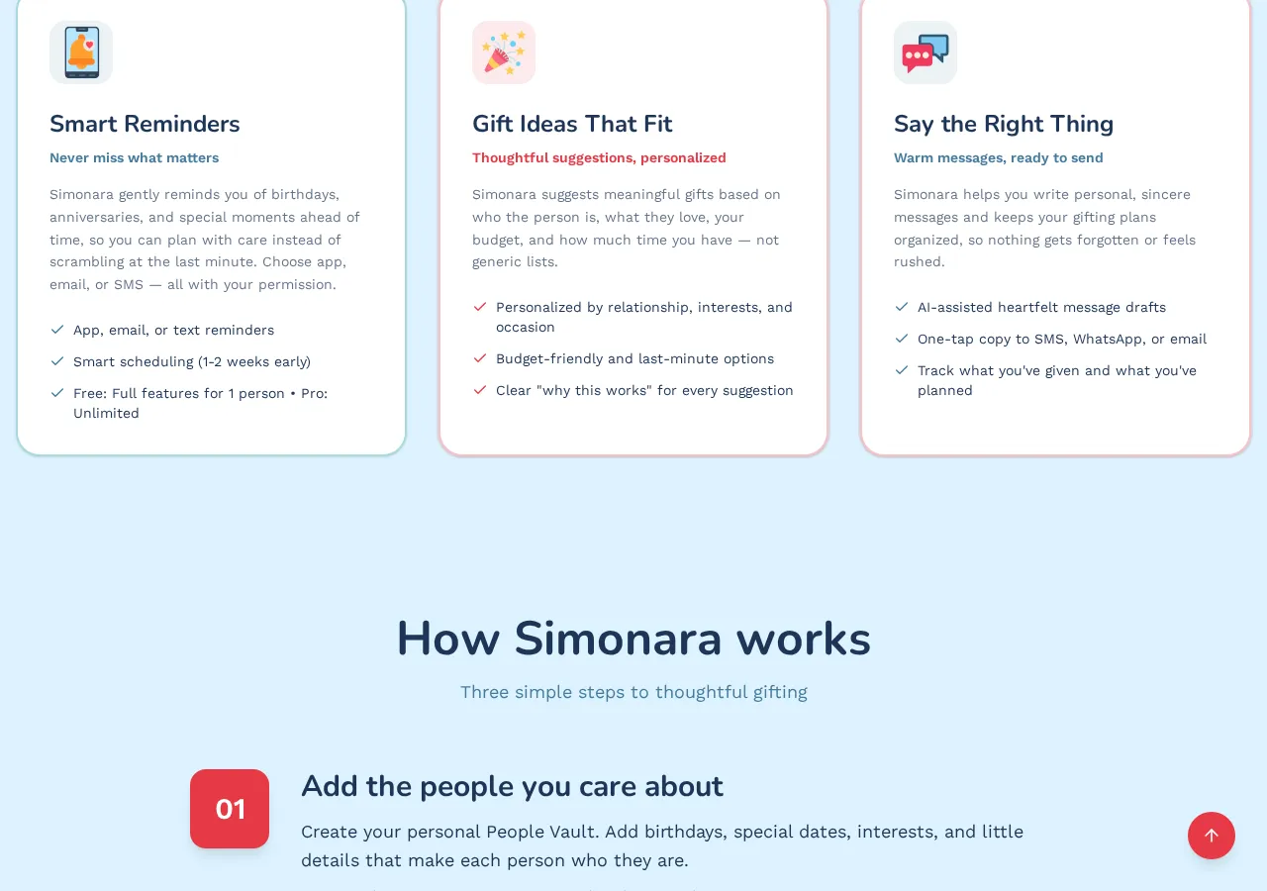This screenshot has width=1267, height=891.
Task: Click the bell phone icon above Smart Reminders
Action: [x=81, y=52]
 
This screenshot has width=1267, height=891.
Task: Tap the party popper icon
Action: [x=504, y=52]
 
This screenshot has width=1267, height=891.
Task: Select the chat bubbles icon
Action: [x=926, y=52]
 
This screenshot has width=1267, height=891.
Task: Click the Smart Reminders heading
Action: [x=145, y=124]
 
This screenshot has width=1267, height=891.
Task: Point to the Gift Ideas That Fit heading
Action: [x=572, y=124]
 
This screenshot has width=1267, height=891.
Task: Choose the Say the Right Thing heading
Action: [x=1004, y=124]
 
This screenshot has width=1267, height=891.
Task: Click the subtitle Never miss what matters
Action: [x=134, y=157]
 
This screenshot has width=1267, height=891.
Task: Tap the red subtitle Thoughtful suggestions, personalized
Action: [x=599, y=157]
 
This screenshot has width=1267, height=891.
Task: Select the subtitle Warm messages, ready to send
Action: [x=998, y=157]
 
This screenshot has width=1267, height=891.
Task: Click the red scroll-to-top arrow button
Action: [x=1212, y=836]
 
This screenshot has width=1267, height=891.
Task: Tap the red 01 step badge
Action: [x=230, y=809]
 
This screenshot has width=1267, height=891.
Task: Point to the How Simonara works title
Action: [x=633, y=639]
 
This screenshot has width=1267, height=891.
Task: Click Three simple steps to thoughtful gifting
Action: [x=633, y=692]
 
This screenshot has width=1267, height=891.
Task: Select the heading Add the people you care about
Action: [x=512, y=786]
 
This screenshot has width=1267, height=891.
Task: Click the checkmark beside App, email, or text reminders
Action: [x=57, y=330]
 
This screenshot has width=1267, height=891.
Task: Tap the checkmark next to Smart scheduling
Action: [x=57, y=361]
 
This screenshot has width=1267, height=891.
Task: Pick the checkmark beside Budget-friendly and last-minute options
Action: [x=480, y=358]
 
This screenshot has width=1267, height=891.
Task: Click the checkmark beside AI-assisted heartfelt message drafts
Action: [x=902, y=307]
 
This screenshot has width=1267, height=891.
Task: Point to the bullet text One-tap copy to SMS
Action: [x=1061, y=339]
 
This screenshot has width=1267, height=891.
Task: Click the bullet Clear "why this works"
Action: [x=644, y=390]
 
